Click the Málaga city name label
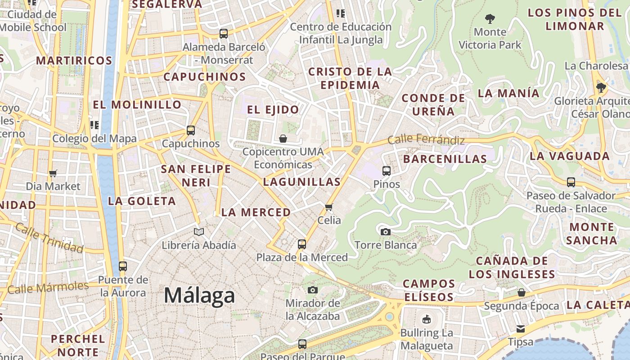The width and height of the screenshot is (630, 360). (199, 296)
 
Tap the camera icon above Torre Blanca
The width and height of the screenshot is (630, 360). (386, 232)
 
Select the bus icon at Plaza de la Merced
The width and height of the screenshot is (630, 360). (302, 244)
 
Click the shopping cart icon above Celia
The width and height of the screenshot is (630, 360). (329, 207)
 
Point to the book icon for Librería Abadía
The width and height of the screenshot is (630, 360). (199, 232)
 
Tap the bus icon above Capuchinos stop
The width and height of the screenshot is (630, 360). (191, 130)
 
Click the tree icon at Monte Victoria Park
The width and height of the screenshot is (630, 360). (490, 19)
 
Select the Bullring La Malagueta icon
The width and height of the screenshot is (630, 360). (426, 320)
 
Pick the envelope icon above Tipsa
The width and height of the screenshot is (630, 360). (521, 328)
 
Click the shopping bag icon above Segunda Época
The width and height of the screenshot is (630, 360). (522, 292)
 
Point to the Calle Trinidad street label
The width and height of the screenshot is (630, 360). (49, 238)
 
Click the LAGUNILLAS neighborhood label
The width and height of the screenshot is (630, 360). (301, 182)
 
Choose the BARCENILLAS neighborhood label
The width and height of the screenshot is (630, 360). (445, 159)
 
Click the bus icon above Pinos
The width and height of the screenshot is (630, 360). (387, 171)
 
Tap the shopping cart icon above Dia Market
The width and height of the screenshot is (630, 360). (53, 173)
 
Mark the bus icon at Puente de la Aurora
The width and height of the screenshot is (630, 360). (123, 266)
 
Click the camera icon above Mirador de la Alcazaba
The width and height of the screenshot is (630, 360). (313, 290)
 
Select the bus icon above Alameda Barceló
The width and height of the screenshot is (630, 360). (224, 33)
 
